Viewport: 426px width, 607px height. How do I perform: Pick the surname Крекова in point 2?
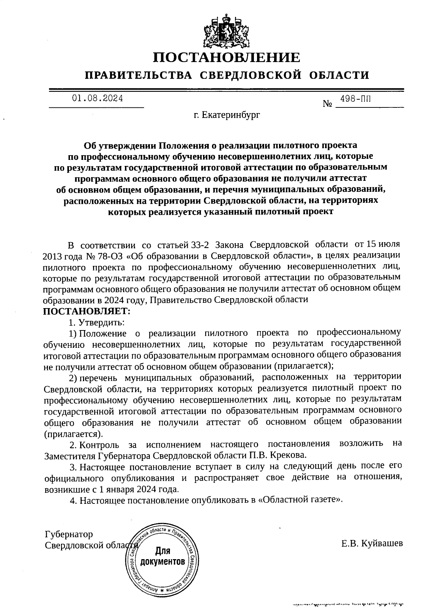tap(290, 455)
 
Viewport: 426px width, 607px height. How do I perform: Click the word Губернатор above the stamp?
tap(69, 534)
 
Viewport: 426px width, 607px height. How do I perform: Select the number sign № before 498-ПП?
tap(328, 104)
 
